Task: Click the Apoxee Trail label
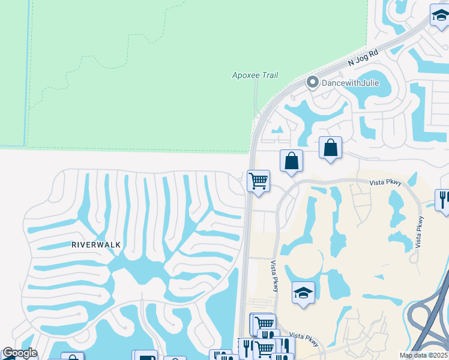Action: [255, 75]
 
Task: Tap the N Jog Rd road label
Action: [363, 58]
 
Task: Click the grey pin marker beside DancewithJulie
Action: [312, 82]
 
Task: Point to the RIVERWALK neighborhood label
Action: [96, 245]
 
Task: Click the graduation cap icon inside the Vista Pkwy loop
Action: [303, 293]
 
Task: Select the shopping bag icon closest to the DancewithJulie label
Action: [330, 148]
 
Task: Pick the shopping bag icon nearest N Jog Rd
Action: [291, 161]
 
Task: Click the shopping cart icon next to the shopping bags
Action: [258, 181]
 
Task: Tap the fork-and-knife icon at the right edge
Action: [444, 199]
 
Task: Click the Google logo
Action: [19, 353]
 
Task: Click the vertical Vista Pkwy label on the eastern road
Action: [419, 230]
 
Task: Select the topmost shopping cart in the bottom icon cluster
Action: [263, 323]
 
